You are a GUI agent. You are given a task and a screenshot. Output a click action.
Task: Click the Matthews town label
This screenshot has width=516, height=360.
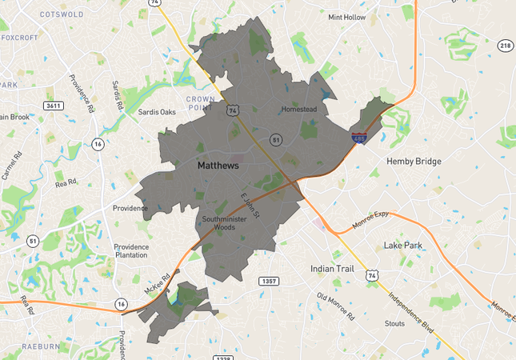(218, 166)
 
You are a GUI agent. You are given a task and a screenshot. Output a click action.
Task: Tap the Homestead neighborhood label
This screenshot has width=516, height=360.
(299, 109)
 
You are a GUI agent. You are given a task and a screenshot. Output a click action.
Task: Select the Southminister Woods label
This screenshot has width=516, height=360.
(228, 223)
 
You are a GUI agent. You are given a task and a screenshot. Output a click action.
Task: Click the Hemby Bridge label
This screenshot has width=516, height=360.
(414, 162)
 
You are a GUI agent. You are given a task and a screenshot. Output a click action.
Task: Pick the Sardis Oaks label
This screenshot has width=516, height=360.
(157, 112)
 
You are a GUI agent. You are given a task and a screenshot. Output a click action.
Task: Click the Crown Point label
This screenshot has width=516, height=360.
(202, 102)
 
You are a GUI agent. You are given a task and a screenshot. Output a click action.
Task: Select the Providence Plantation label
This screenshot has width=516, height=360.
(131, 250)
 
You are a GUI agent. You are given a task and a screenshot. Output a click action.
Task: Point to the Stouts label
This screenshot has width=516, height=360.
(395, 324)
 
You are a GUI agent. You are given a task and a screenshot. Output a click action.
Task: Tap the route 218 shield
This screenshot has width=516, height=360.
(505, 46)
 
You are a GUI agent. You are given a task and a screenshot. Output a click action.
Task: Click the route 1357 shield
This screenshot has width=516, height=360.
(269, 281)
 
